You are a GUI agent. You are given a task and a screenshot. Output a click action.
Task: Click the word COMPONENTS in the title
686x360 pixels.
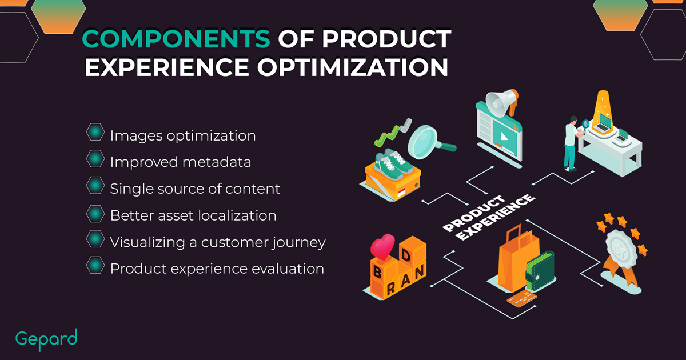(x=176, y=39)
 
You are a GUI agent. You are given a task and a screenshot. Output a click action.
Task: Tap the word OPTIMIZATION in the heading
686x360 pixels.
(x=353, y=67)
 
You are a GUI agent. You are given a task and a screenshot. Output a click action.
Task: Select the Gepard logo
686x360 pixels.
(x=46, y=339)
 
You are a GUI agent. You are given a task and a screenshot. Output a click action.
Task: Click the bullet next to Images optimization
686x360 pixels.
(x=95, y=132)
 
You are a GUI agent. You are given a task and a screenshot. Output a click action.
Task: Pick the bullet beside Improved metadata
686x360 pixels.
(x=95, y=159)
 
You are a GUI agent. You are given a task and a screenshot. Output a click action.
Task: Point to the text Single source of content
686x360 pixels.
(x=195, y=189)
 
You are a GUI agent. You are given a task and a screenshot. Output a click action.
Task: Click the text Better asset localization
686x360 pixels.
(x=193, y=215)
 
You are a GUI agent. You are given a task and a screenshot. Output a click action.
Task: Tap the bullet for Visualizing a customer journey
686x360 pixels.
(x=95, y=239)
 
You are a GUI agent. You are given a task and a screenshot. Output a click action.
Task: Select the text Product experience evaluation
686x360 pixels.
(x=217, y=269)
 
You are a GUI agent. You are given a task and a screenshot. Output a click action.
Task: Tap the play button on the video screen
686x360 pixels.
(x=504, y=136)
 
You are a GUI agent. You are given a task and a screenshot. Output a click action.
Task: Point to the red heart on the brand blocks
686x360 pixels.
(x=382, y=246)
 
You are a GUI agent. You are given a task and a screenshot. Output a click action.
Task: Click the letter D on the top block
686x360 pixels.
(x=406, y=255)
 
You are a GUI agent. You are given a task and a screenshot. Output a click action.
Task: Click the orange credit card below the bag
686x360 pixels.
(x=522, y=299)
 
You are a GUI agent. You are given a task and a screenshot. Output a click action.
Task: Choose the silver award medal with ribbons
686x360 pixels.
(x=622, y=251)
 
